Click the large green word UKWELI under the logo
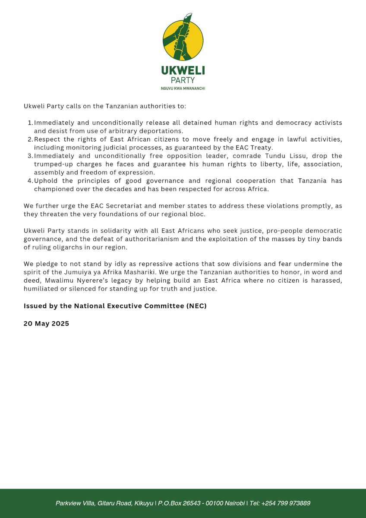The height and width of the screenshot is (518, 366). click(x=183, y=70)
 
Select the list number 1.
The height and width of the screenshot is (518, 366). click(x=29, y=123)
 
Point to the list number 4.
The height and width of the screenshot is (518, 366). click(x=29, y=180)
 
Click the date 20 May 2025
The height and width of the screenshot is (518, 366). click(x=46, y=323)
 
